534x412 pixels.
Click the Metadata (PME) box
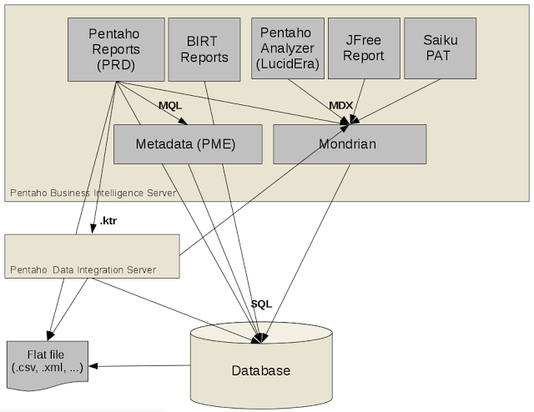[186, 144]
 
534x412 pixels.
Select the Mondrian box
[349, 144]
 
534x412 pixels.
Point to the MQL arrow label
[170, 107]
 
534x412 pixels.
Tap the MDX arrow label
[341, 106]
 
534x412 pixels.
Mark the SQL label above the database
[261, 304]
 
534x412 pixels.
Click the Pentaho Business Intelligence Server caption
[93, 193]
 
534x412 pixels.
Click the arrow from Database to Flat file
[142, 365]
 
